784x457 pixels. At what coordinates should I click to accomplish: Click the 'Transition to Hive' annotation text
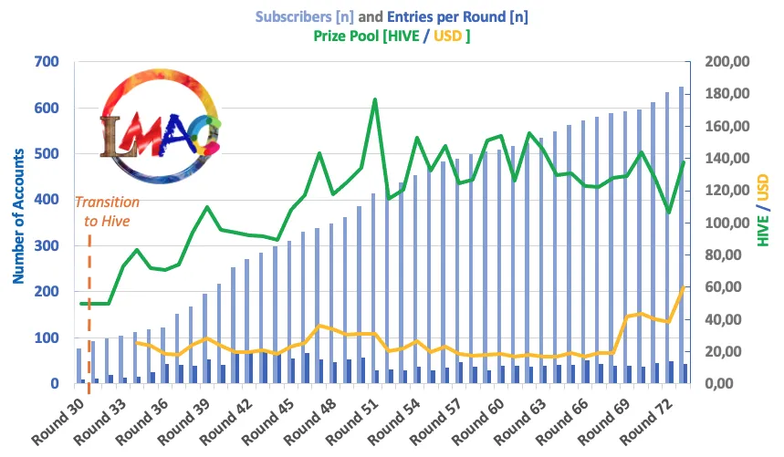(x=107, y=211)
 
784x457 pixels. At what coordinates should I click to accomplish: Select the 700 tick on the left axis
(x=47, y=62)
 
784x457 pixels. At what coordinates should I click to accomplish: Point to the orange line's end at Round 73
(x=684, y=287)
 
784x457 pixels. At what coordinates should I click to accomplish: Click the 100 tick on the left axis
(x=47, y=338)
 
